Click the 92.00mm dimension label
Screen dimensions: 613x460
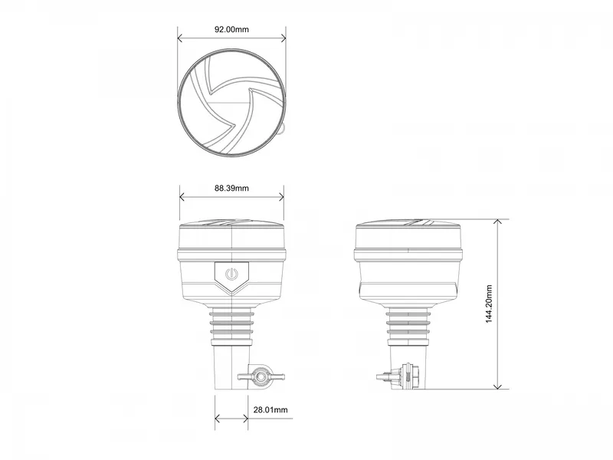pos(231,29)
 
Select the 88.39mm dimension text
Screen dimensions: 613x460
pos(231,188)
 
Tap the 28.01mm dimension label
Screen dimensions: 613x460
pos(270,409)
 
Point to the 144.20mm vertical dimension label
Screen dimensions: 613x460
pos(489,304)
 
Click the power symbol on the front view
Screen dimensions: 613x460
pos(231,274)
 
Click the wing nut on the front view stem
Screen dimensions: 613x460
pos(261,377)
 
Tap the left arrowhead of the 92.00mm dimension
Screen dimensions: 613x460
pos(180,38)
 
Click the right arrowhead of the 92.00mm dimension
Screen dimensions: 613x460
pos(283,38)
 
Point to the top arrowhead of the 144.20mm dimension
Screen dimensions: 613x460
pos(497,222)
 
